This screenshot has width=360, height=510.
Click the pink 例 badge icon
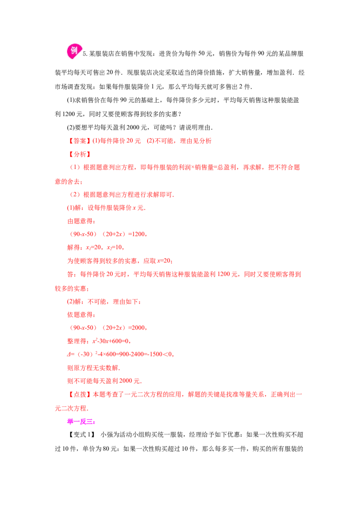(74, 51)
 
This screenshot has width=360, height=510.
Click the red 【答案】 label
(79, 141)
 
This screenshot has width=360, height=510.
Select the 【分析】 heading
(79, 154)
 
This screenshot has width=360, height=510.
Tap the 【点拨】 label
(79, 395)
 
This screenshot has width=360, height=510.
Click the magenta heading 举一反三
(81, 422)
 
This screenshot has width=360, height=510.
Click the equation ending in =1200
(108, 234)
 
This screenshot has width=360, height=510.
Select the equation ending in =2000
(108, 328)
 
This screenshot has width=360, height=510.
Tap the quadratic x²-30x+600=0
(112, 341)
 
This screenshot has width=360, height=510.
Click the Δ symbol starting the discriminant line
(69, 354)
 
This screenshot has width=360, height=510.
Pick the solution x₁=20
(94, 247)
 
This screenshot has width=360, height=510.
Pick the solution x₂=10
(115, 247)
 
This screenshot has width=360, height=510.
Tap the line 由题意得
(81, 221)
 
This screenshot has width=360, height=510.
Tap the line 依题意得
(81, 315)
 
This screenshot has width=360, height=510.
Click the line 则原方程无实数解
(94, 368)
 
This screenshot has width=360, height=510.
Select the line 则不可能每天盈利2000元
(104, 381)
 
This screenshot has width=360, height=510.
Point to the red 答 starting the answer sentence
(71, 274)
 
